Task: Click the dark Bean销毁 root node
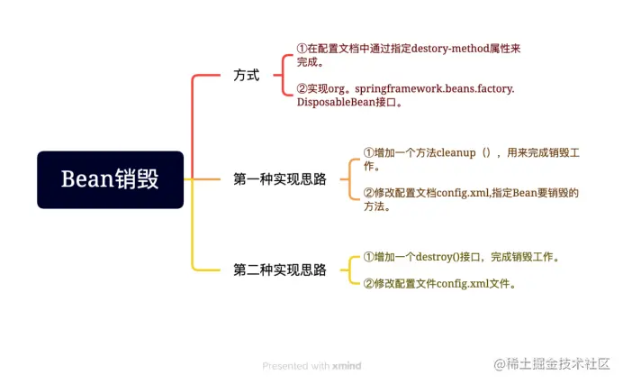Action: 110,179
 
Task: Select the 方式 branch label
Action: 246,76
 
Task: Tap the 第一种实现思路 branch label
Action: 279,179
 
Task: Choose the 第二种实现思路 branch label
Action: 279,270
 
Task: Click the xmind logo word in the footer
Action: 347,366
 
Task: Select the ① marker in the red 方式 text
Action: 302,48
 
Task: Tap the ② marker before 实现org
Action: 302,88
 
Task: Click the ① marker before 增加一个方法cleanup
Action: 368,152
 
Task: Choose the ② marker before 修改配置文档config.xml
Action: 368,192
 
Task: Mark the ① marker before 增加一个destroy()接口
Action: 368,257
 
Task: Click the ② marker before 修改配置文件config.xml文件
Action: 368,284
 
